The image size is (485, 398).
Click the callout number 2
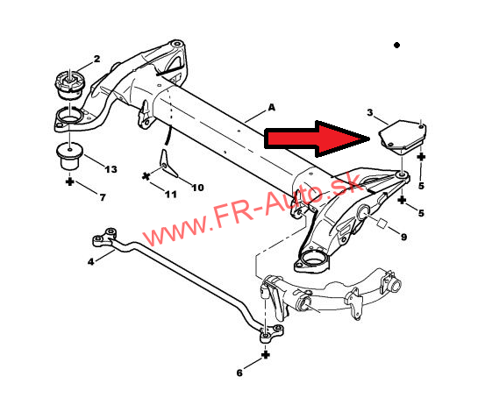[x=96, y=59]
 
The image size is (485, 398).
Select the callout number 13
[x=111, y=169]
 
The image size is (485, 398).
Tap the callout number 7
[x=103, y=197]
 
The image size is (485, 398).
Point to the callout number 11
[x=170, y=195]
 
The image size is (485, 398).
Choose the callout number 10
[x=197, y=188]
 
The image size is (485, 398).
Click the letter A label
[x=271, y=107]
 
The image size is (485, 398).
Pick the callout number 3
[x=370, y=112]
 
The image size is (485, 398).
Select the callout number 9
[x=403, y=237]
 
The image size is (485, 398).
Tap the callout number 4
[x=90, y=261]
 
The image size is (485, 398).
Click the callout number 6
[x=239, y=373]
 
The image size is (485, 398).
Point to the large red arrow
[x=317, y=139]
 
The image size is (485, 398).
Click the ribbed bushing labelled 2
[x=70, y=85]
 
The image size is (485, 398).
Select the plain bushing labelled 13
[x=69, y=156]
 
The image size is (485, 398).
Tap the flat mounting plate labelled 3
[x=403, y=138]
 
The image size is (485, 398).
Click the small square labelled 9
[x=382, y=224]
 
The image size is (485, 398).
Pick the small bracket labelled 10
[x=167, y=164]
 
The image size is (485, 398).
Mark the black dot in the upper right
[x=396, y=46]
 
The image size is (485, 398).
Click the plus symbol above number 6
[x=266, y=355]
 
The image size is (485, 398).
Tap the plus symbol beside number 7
[x=70, y=181]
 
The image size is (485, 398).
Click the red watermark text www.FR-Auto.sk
[x=252, y=210]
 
